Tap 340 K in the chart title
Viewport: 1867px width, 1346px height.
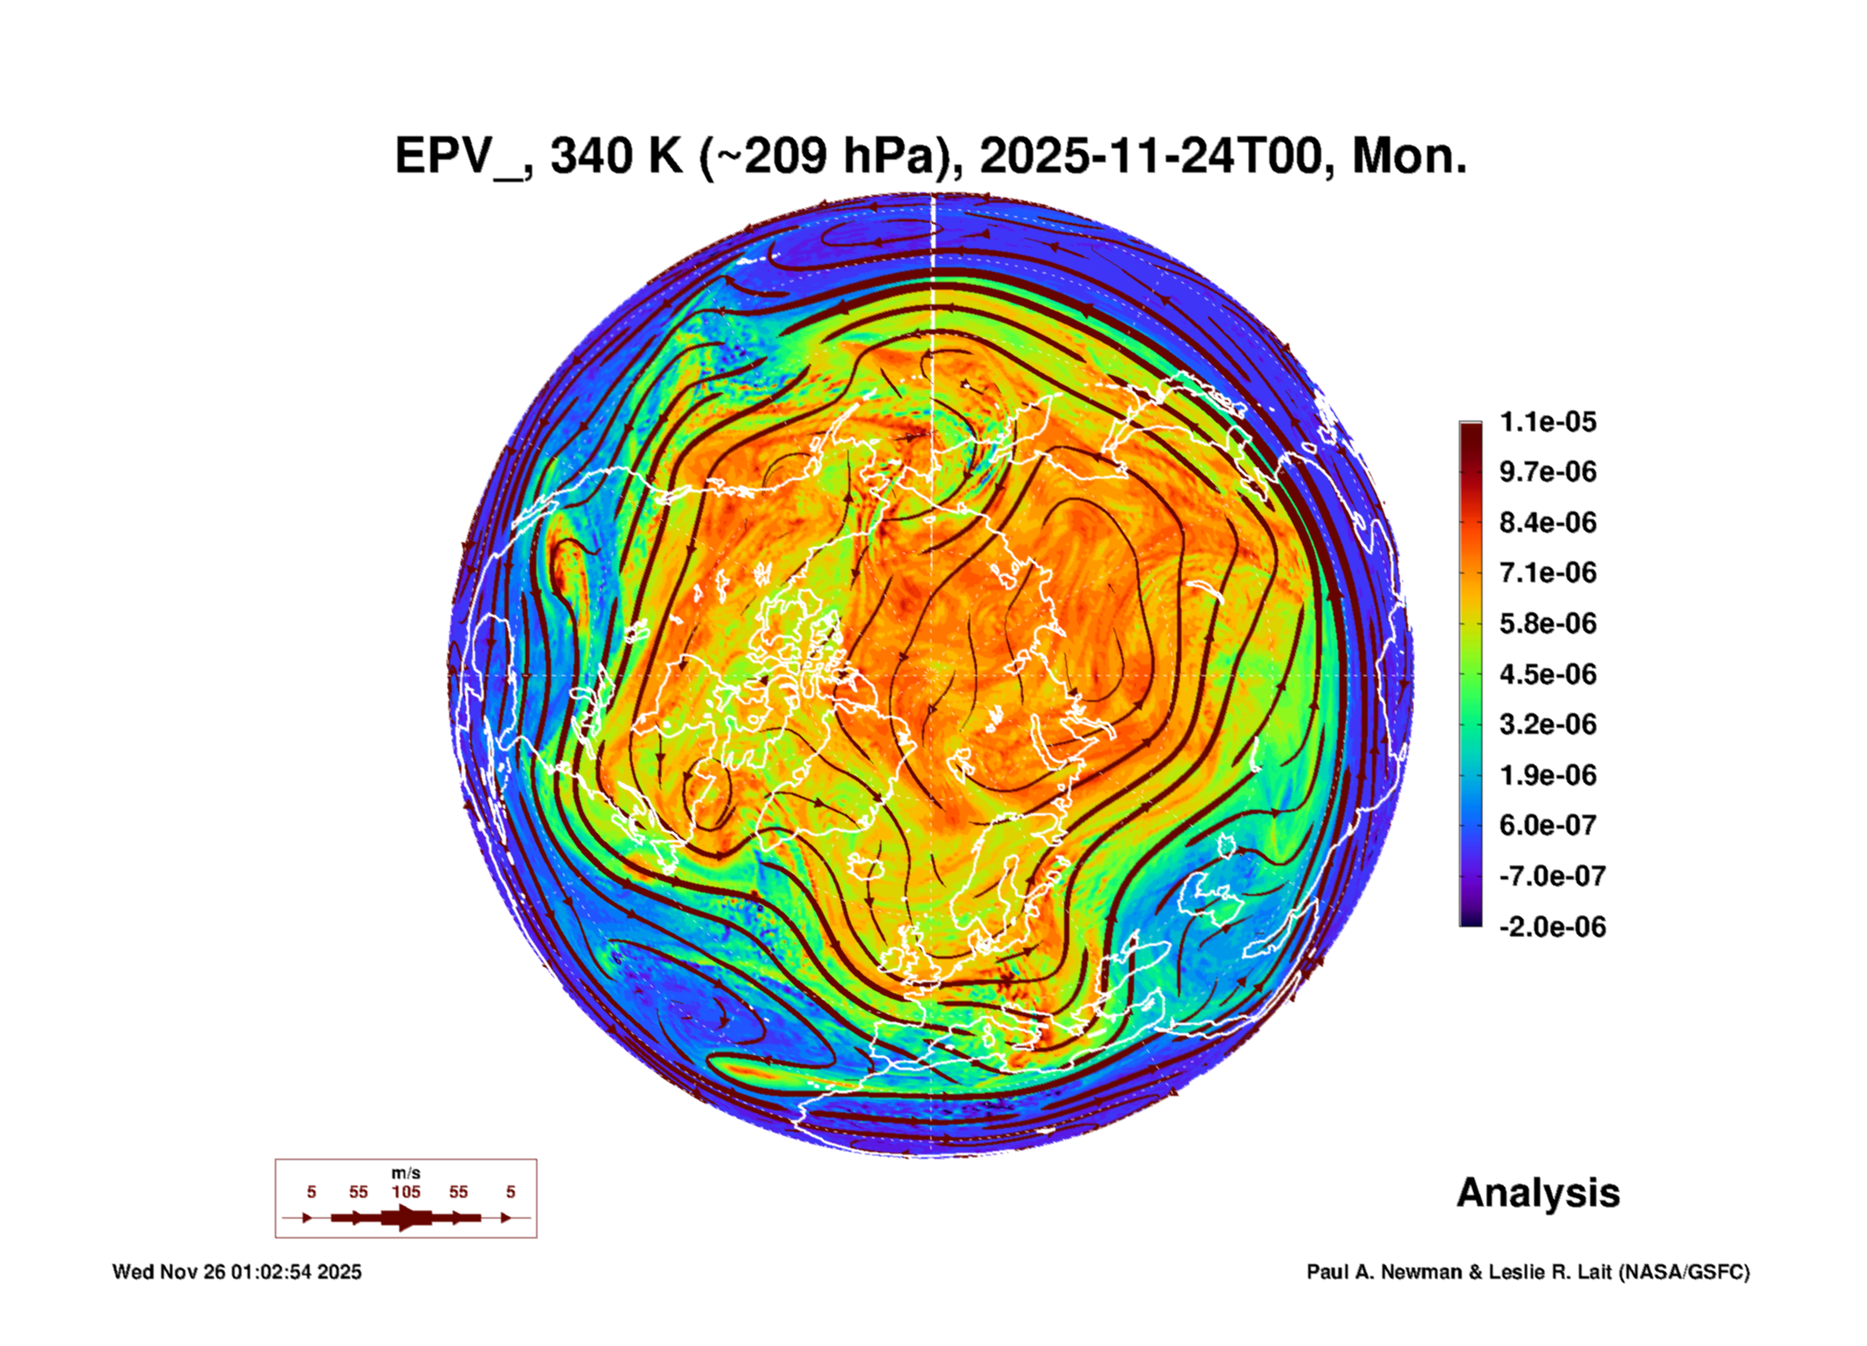click(616, 157)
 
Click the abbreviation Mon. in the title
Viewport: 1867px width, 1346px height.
click(1409, 157)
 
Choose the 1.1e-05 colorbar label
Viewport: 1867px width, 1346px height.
click(1547, 422)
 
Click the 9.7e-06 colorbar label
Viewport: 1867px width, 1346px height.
click(1547, 472)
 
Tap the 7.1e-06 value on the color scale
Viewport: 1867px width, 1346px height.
click(1547, 573)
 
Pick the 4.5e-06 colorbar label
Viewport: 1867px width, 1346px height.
click(1547, 673)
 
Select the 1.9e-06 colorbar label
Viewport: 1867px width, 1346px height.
click(1547, 774)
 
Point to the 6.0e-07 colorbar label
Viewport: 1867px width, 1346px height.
click(1547, 825)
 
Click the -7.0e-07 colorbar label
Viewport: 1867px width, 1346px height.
click(1551, 876)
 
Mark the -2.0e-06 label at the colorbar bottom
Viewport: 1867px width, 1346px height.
click(1551, 927)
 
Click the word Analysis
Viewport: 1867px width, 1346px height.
click(1538, 1193)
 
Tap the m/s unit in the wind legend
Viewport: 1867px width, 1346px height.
click(405, 1173)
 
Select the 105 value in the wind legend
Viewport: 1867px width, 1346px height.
click(405, 1192)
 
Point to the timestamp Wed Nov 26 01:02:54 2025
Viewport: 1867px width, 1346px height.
click(237, 1272)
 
